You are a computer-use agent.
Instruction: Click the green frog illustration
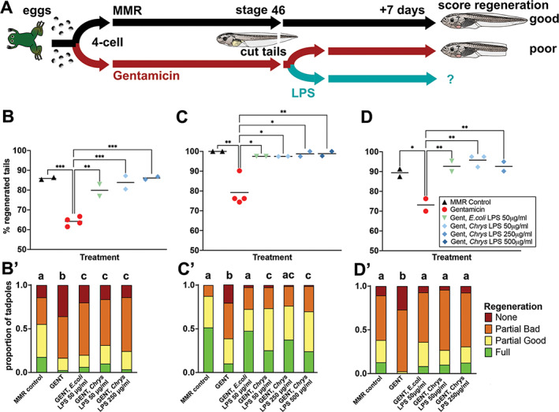pyautogui.click(x=24, y=40)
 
